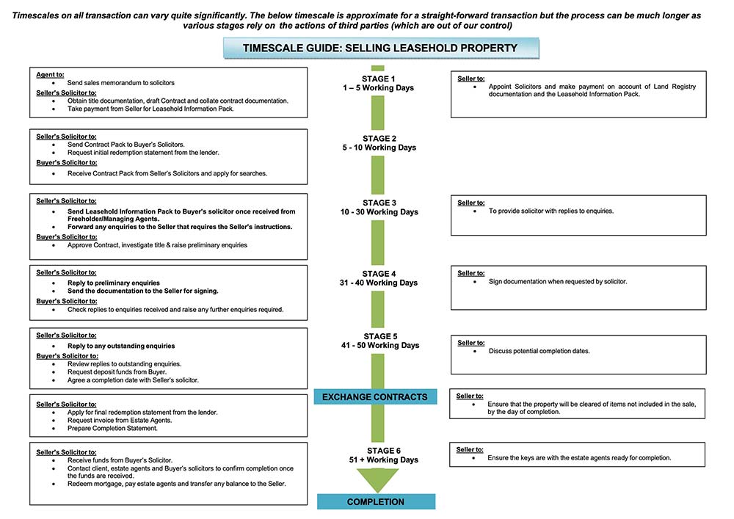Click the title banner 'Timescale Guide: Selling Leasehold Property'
380,48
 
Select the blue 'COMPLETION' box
376,502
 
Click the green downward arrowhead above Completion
377,479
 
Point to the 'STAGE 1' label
378,79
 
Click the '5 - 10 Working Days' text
378,148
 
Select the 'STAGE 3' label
378,203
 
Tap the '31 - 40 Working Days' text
378,283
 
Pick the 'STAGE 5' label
378,336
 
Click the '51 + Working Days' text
378,460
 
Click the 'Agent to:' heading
50,74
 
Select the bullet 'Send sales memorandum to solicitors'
120,83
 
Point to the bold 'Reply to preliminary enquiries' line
113,283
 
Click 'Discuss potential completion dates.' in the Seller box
539,351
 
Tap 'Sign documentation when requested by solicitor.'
558,281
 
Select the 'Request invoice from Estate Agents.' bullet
119,420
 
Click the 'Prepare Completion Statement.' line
112,428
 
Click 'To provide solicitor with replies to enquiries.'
550,211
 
